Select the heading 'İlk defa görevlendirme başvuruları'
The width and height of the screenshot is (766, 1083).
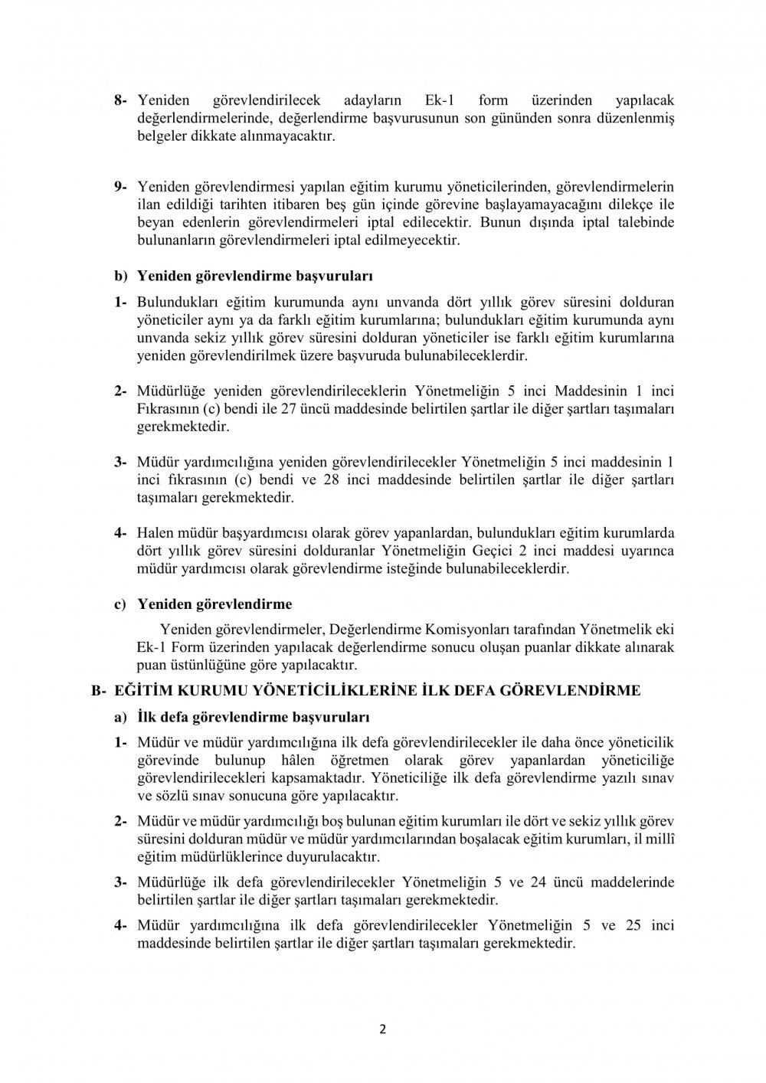tap(253, 718)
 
